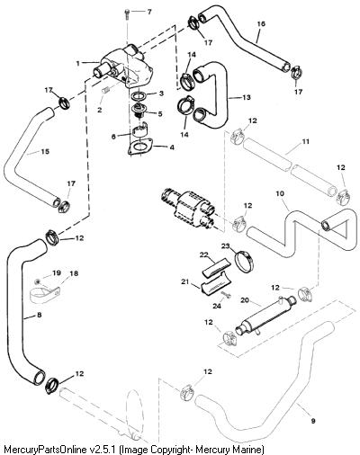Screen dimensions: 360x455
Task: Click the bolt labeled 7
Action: click(128, 13)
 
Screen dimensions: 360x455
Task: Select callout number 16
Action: click(261, 23)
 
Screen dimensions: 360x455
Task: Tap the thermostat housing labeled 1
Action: click(123, 66)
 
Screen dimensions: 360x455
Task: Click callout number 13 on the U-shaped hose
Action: click(247, 97)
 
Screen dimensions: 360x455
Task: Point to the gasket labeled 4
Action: click(139, 147)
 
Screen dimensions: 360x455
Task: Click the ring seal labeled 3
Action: click(139, 97)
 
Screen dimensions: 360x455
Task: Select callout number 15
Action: click(45, 152)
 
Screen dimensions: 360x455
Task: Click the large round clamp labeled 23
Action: click(244, 261)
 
